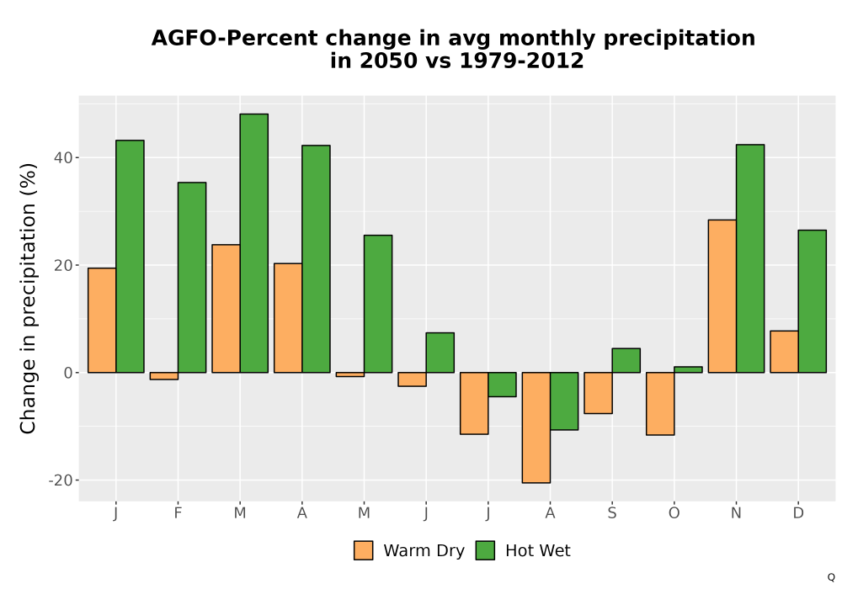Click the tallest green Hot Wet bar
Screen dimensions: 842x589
254,243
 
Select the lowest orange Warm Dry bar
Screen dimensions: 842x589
536,427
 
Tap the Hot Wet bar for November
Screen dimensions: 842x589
750,258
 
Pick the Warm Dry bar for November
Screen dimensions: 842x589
722,296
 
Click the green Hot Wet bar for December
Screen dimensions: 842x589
812,301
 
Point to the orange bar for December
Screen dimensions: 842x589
784,352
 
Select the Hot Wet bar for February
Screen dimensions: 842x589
192,278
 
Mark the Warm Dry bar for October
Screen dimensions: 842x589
660,403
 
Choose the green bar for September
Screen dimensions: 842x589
626,360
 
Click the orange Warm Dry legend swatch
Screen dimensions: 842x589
364,550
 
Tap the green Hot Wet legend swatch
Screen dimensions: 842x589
486,550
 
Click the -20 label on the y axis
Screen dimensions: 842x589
60,480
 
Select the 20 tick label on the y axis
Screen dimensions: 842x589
63,265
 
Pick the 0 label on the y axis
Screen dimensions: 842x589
68,373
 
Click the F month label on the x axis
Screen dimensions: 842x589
178,513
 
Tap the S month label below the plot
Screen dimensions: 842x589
612,513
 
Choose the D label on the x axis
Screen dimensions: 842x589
798,513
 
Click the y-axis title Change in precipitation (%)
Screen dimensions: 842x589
28,298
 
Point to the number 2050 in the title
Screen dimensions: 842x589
388,61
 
